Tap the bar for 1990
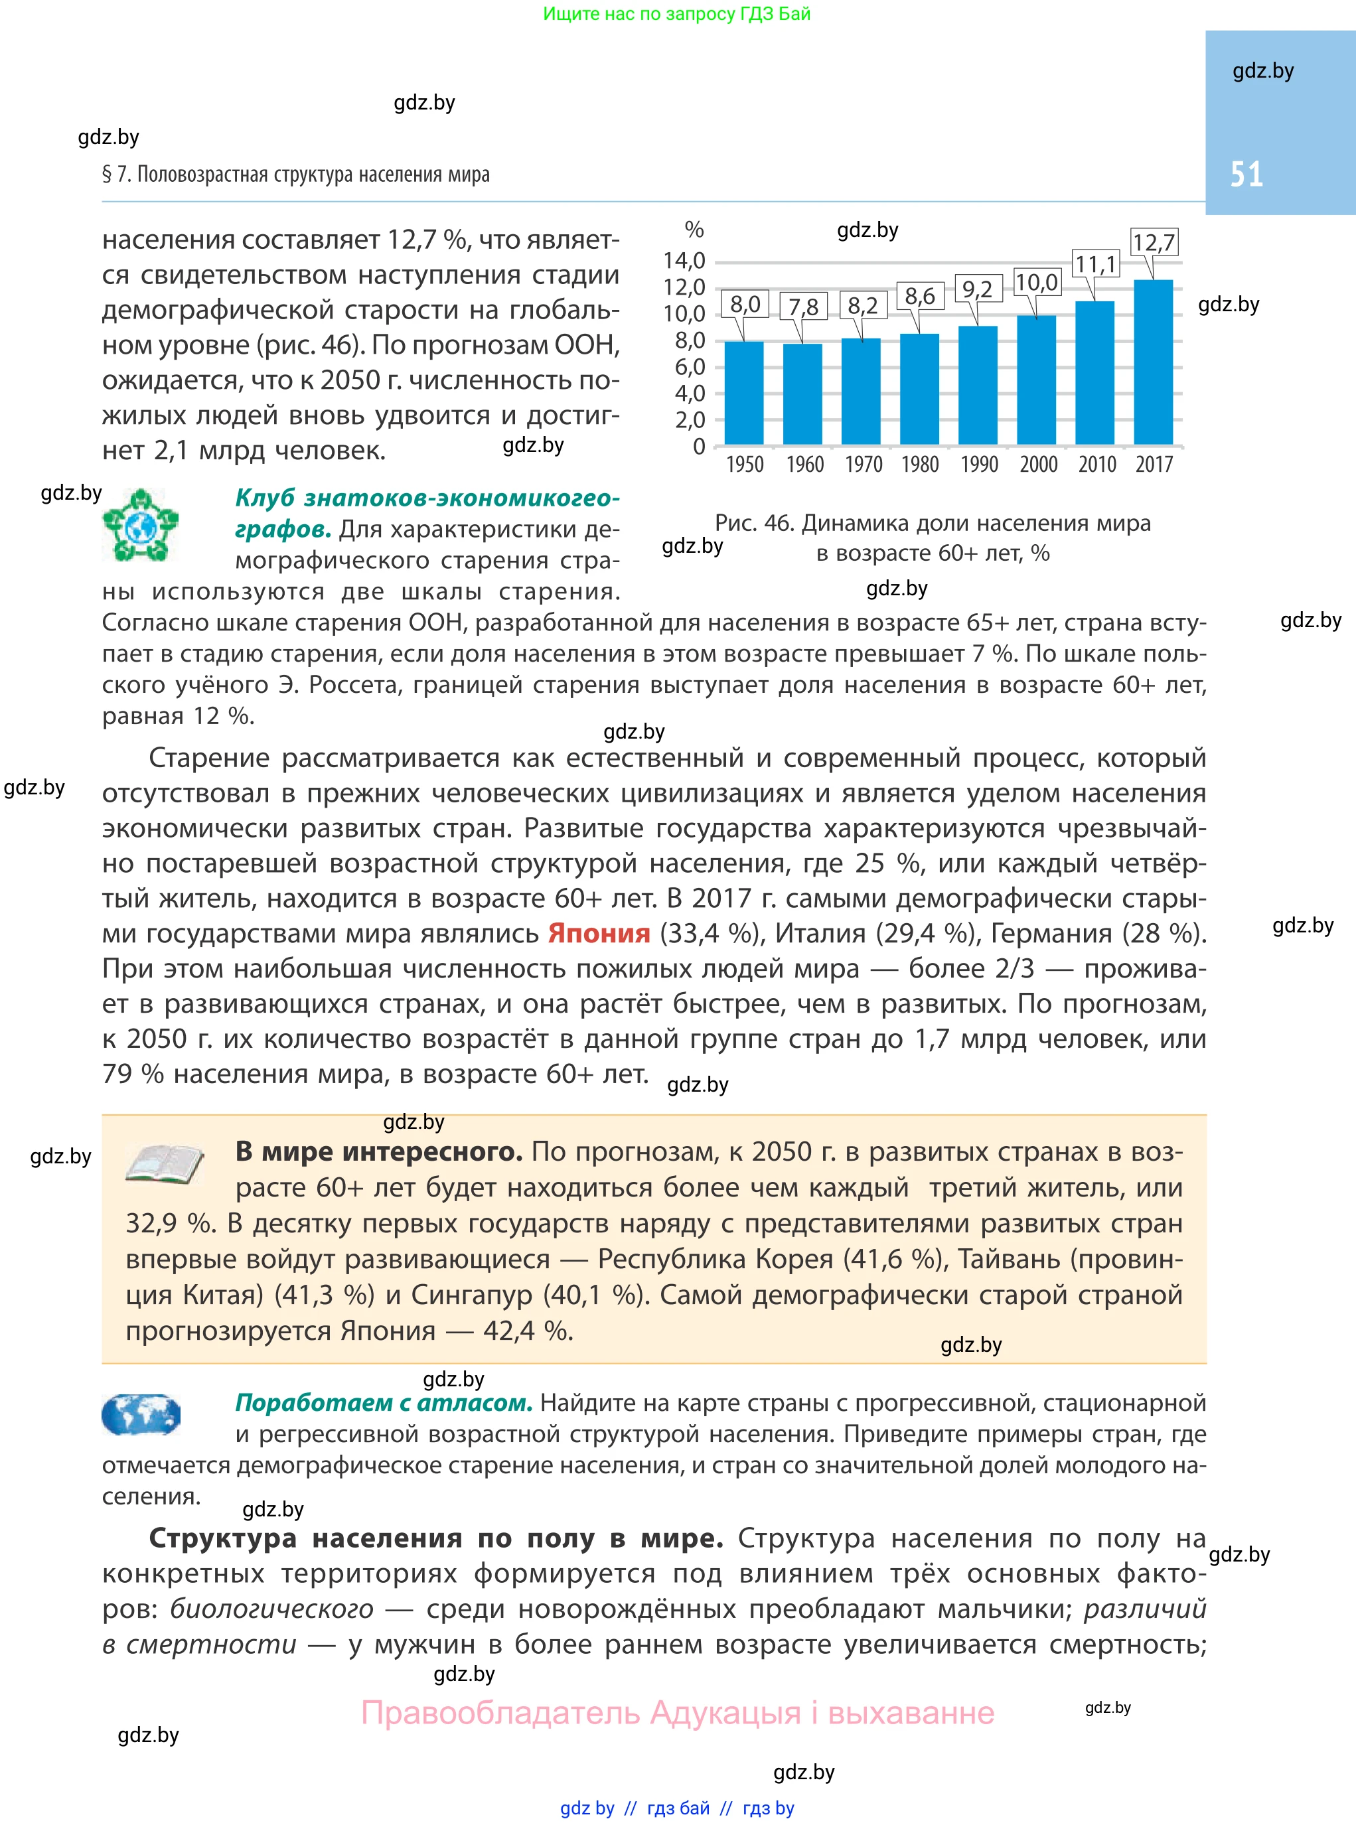click(x=978, y=385)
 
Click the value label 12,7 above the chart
click(x=1154, y=242)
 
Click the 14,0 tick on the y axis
click(x=684, y=261)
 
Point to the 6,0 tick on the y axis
click(x=690, y=367)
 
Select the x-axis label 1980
click(x=919, y=465)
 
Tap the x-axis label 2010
click(x=1096, y=465)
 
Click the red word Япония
click(x=599, y=934)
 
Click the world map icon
click(x=140, y=1415)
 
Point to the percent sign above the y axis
click(x=694, y=230)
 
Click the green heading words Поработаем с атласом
click(x=384, y=1402)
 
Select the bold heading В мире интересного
click(x=378, y=1151)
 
